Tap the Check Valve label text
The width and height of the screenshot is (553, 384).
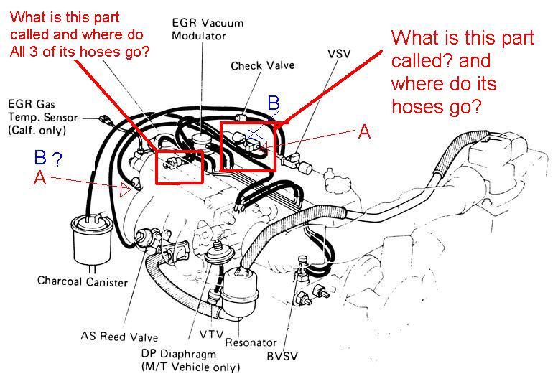tap(256, 66)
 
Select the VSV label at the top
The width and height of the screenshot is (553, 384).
tap(339, 54)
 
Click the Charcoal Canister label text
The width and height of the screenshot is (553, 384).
tap(83, 282)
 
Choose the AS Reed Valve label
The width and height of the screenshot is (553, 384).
tap(119, 337)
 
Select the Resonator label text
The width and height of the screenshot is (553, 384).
tap(251, 342)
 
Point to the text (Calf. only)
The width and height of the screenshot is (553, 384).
tap(37, 130)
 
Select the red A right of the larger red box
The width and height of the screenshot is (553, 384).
tap(364, 131)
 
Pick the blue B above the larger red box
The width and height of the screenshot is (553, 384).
tap(273, 103)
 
